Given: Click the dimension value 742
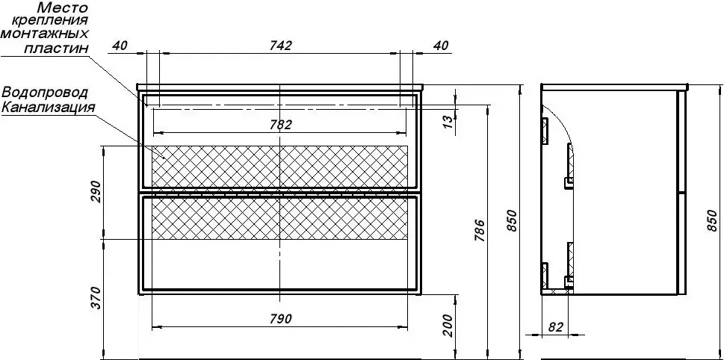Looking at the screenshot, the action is [x=279, y=46].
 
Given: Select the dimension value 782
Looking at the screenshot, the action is [x=279, y=125].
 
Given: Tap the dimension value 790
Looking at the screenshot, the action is [x=279, y=318].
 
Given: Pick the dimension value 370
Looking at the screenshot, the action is [x=96, y=299].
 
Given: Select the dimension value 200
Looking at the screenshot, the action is [x=447, y=326].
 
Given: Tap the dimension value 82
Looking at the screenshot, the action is [x=555, y=327].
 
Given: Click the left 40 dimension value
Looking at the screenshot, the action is [x=120, y=46].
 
